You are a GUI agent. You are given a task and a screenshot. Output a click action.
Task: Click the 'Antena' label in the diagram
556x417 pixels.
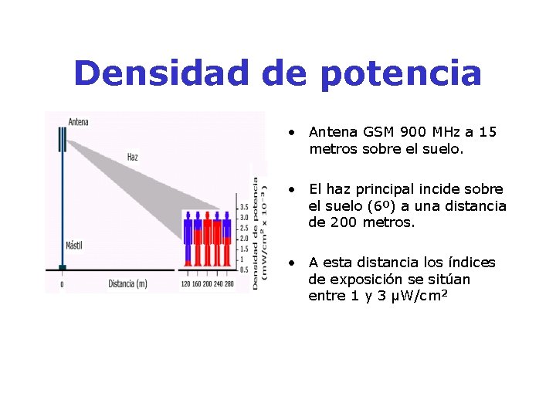coord(78,122)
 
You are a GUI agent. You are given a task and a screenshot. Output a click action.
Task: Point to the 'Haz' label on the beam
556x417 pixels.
coord(133,157)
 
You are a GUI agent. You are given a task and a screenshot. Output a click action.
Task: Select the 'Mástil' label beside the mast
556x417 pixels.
coord(74,246)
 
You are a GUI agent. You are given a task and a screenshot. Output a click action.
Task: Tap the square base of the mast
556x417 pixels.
coord(63,268)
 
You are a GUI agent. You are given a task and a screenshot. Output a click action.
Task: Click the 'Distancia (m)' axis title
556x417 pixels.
coord(127,283)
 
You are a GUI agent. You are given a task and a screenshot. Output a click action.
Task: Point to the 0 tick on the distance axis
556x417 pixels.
coord(63,283)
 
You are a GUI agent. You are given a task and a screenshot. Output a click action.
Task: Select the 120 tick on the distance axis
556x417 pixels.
coord(185,283)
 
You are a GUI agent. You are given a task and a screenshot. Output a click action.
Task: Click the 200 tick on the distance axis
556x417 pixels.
coord(207,283)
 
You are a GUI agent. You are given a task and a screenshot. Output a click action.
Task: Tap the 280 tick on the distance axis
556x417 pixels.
coord(229,283)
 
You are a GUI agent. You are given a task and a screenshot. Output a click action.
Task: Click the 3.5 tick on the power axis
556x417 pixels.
coord(244,207)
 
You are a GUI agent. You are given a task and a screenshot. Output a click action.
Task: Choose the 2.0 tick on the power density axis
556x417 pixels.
coord(244,239)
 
